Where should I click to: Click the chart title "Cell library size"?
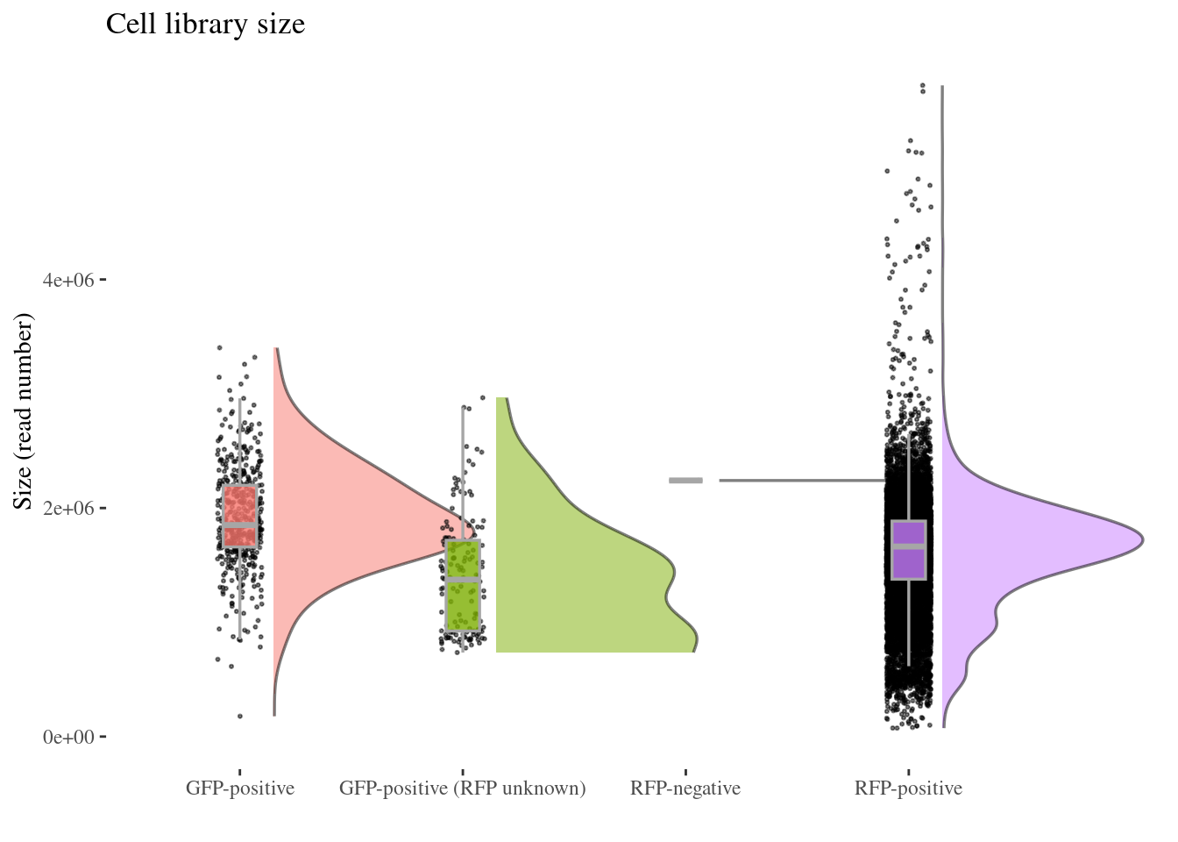(x=205, y=25)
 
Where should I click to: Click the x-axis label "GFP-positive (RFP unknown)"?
(x=462, y=788)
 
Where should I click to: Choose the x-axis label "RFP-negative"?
(x=685, y=788)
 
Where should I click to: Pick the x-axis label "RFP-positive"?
(x=908, y=788)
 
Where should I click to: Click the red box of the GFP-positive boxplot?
(x=239, y=504)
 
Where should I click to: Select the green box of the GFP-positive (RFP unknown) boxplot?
(x=463, y=605)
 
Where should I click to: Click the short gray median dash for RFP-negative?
(x=685, y=481)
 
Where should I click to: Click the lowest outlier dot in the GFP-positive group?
(x=239, y=717)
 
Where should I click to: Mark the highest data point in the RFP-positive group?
(x=922, y=85)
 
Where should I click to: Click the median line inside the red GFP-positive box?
(x=239, y=524)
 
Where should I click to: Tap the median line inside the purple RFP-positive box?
(x=909, y=546)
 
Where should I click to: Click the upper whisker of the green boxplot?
(x=463, y=474)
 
